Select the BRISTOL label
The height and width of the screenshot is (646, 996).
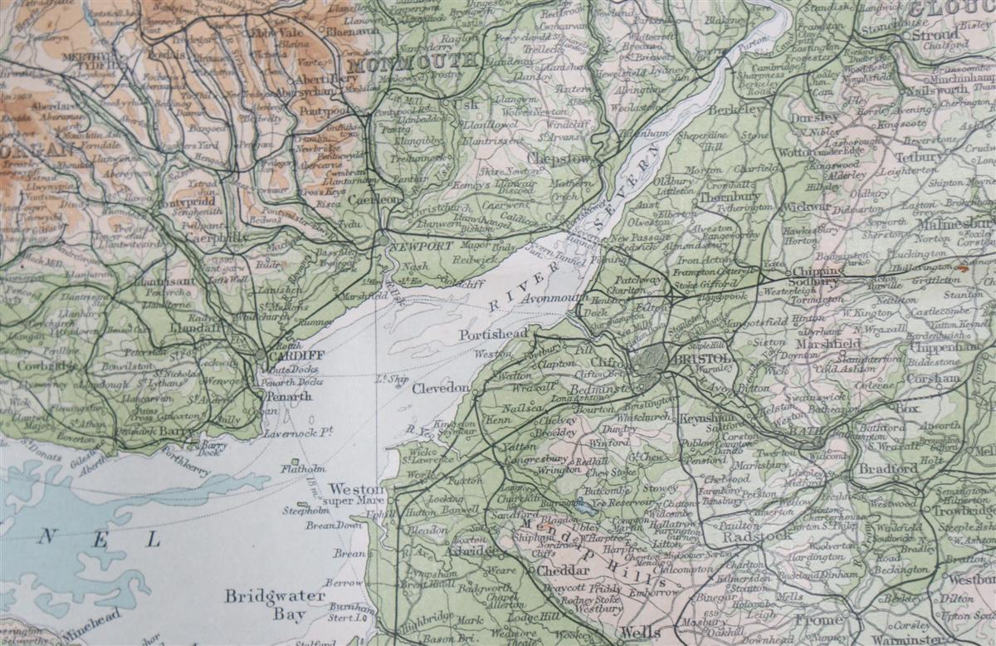(x=703, y=359)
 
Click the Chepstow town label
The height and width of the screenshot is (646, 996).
(x=563, y=158)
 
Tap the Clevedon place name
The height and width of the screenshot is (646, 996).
(x=441, y=388)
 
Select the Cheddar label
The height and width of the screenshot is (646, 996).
(x=564, y=571)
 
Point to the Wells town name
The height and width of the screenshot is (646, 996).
(x=640, y=632)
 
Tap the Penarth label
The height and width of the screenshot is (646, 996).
(x=288, y=396)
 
